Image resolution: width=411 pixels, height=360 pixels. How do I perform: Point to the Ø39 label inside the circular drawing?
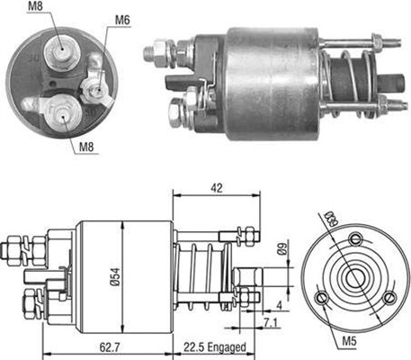[330, 220]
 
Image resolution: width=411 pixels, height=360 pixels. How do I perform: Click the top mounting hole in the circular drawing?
[356, 238]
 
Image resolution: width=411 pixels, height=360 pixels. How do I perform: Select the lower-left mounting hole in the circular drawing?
[320, 298]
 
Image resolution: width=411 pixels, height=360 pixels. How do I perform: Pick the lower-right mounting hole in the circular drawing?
[389, 299]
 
